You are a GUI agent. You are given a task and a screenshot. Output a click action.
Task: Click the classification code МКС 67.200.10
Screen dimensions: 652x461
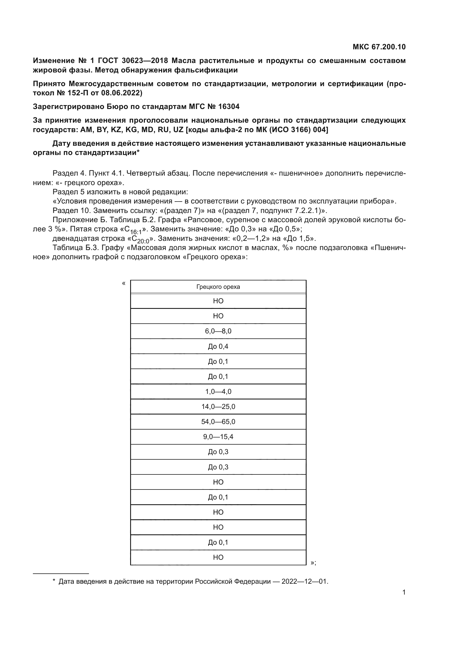379,47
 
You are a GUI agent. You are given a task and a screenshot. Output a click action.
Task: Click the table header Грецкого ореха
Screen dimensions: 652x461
218,287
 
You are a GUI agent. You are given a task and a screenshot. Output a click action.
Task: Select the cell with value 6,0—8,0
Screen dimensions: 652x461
218,331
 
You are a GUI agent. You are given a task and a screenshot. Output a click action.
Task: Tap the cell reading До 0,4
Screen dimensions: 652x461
218,346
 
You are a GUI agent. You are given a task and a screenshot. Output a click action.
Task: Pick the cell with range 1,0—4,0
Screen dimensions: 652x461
218,392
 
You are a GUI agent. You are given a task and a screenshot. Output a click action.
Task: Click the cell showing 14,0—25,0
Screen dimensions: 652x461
218,407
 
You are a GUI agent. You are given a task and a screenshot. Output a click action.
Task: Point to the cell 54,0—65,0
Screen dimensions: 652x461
218,422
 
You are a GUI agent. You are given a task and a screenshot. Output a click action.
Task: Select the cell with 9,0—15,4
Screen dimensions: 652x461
218,437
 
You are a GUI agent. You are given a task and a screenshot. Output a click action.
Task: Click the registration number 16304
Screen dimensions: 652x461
229,106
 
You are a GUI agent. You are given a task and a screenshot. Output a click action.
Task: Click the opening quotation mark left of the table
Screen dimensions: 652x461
123,283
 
